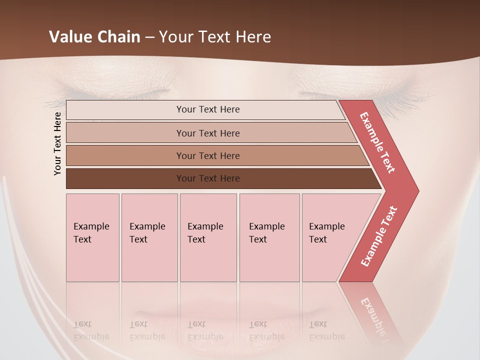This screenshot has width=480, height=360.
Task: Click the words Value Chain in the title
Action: [94, 37]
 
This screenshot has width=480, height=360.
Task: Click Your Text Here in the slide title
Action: [215, 37]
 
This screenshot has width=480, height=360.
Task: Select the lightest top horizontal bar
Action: [125, 110]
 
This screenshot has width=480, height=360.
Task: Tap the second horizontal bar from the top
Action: [125, 133]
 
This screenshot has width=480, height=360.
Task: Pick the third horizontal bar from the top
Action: [125, 155]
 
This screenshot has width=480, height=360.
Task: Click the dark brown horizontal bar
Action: [125, 178]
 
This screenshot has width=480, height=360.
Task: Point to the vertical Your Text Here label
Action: [57, 143]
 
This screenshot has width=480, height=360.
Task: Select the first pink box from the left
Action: [92, 237]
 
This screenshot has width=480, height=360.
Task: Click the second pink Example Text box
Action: [149, 237]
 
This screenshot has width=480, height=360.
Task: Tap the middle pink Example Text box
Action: [208, 237]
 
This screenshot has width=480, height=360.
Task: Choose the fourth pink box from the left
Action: [269, 237]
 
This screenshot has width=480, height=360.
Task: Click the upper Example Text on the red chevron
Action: [377, 142]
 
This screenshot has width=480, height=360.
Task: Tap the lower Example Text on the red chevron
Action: [379, 236]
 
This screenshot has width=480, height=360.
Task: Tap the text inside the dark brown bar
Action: [208, 178]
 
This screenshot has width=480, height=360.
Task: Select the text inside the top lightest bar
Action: [208, 109]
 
